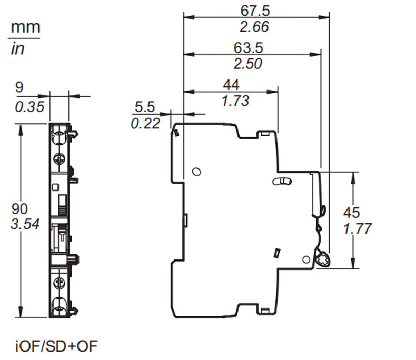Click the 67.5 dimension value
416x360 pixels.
coord(255,11)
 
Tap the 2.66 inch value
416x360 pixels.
coord(254,27)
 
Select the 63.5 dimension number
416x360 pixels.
coord(249,48)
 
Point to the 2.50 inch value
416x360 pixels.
coord(248,64)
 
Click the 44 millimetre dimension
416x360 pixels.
coord(231,85)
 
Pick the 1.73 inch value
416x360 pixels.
coord(235,101)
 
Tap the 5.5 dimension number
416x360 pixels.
coord(145,107)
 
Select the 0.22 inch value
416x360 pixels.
coord(145,124)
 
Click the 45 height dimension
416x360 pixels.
coord(352,212)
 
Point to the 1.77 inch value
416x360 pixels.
coord(358,228)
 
